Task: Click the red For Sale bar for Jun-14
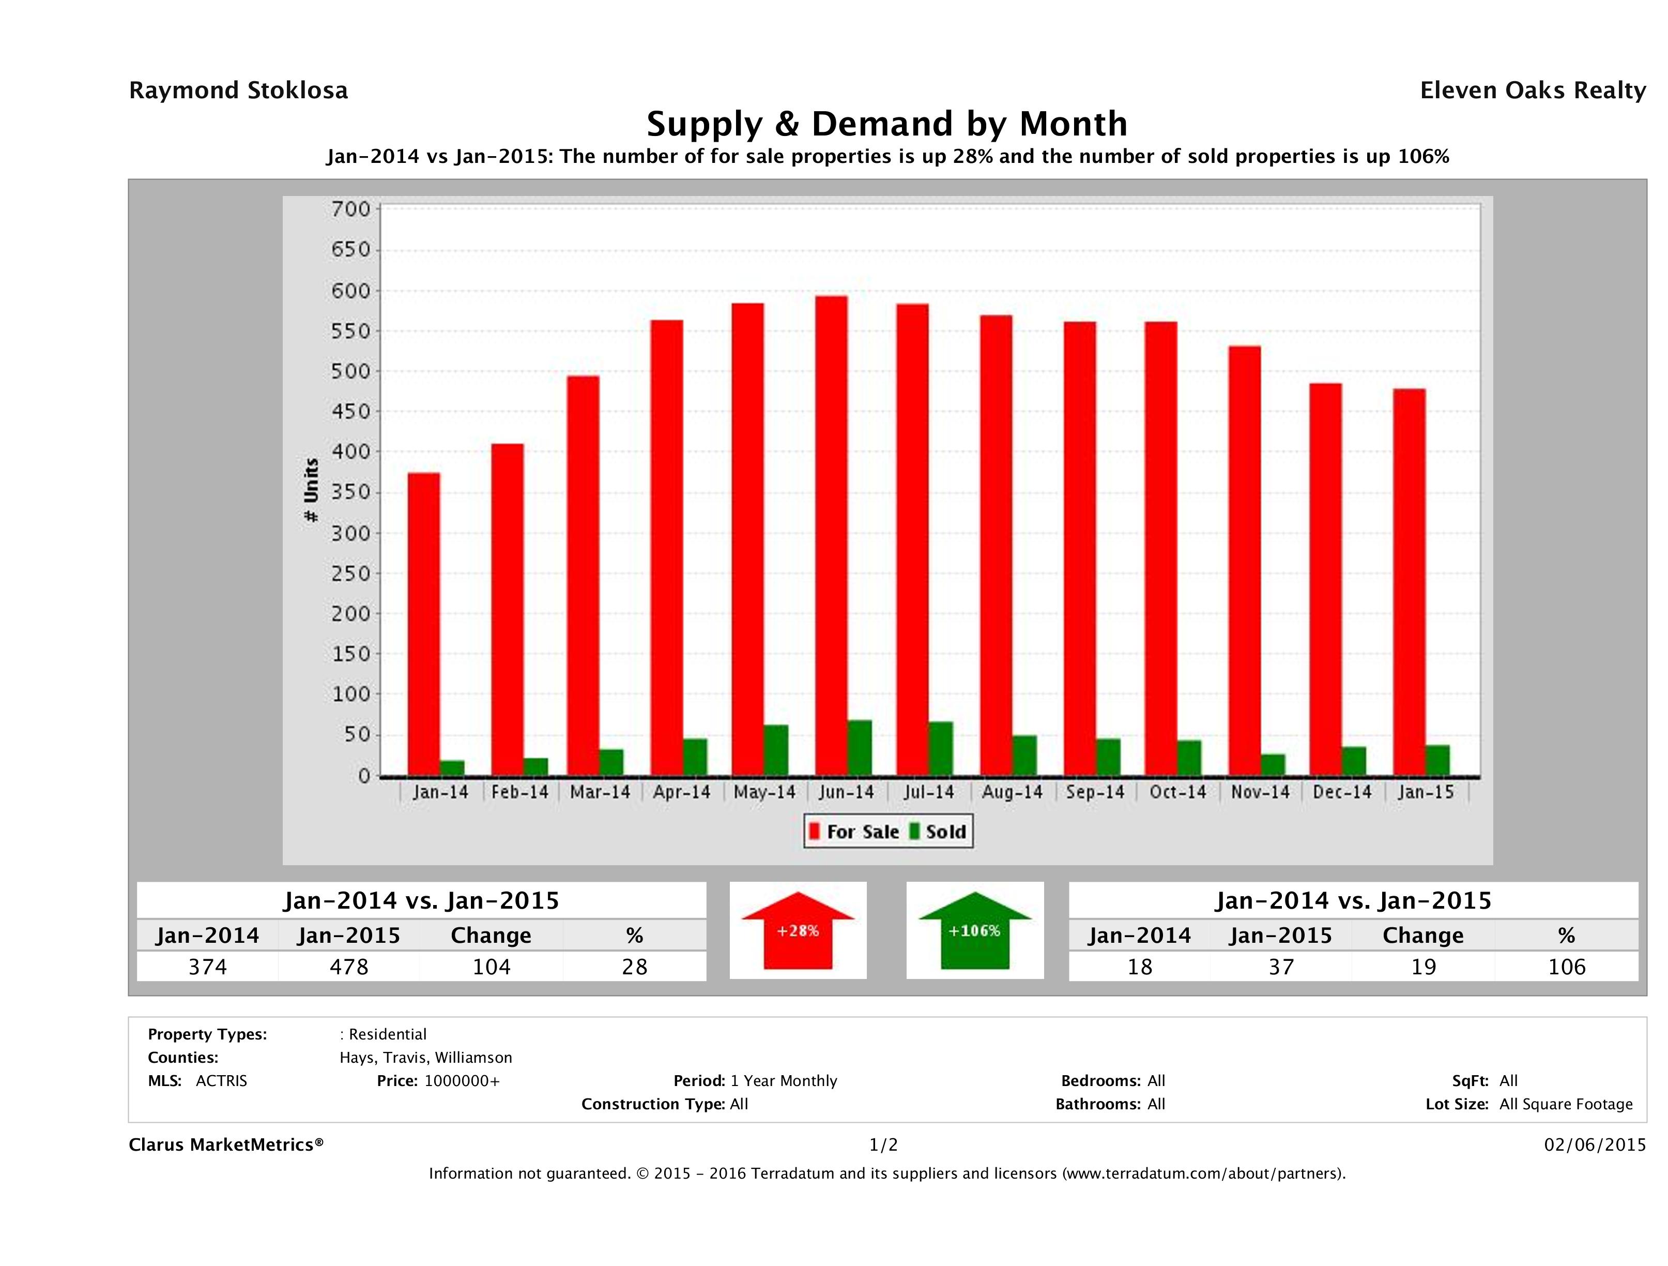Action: [x=831, y=536]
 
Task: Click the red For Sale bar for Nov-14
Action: [x=1244, y=561]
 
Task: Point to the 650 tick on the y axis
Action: [x=351, y=250]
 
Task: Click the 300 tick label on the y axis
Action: [x=351, y=533]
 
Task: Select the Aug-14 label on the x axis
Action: [x=1012, y=792]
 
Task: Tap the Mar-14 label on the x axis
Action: [x=600, y=792]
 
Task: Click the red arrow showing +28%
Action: [x=798, y=931]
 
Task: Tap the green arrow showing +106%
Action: [x=974, y=931]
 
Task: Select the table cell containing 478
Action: [x=348, y=967]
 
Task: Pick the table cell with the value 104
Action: [x=491, y=967]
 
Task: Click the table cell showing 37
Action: [x=1280, y=967]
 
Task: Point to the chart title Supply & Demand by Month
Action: [x=887, y=124]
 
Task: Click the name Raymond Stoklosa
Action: [x=238, y=91]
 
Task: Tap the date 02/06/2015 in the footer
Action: [x=1594, y=1144]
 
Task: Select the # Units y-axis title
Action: [x=311, y=490]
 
